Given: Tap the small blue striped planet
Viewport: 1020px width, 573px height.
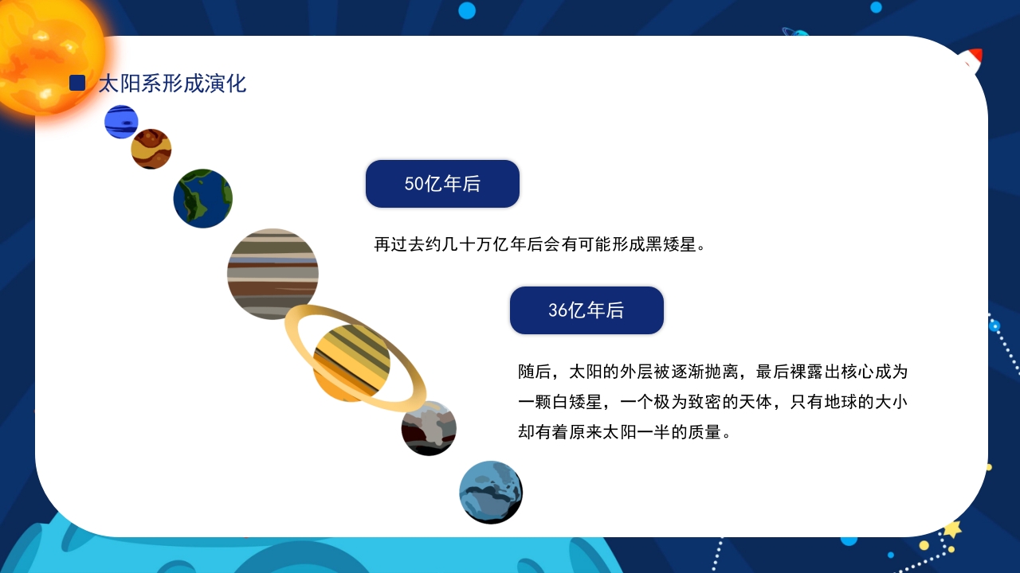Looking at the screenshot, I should [121, 122].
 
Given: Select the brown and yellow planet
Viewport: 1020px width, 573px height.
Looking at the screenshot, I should [151, 149].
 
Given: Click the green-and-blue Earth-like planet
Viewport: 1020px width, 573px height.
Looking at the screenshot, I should [202, 198].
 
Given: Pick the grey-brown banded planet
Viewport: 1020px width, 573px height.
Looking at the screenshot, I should [273, 274].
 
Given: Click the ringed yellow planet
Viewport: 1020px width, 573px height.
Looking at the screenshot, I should [351, 363].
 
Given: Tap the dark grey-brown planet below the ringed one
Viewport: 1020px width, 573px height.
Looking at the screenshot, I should [429, 428].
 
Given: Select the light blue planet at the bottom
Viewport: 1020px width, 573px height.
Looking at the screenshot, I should [491, 492].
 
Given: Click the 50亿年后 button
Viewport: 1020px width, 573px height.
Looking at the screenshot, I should [442, 184].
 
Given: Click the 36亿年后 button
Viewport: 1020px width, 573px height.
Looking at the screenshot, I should [586, 310].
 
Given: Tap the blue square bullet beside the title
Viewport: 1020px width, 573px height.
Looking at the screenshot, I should [77, 83].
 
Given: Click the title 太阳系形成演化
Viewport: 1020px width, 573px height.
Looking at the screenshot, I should [172, 83].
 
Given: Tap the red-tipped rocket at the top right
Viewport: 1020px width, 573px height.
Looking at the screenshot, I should [970, 60].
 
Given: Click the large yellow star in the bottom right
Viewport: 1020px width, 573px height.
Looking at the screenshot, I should [951, 529].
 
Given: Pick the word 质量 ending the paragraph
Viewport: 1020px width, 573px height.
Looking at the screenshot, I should [703, 432].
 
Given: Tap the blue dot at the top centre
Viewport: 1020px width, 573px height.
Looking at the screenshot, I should [467, 10].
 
